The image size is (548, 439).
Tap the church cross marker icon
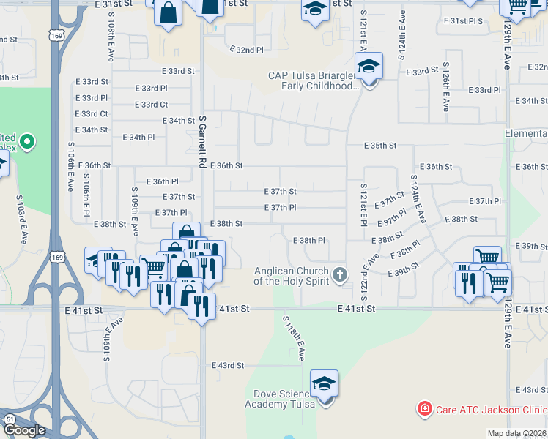point(338,275)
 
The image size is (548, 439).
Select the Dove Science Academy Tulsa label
point(280,399)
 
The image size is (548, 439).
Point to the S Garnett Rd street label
point(203,143)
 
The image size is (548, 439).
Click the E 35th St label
point(381,146)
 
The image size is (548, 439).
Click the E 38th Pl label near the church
point(308,240)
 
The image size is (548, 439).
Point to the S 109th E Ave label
point(135,211)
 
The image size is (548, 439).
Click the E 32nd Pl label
point(245,49)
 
